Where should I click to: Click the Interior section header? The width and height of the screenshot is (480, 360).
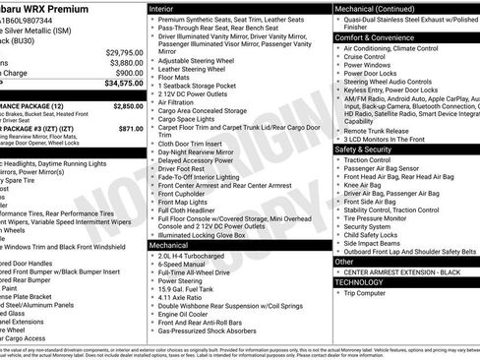pyautogui.click(x=166, y=8)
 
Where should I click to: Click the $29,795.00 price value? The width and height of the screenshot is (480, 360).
pyautogui.click(x=124, y=52)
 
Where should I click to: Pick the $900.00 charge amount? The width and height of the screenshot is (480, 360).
pyautogui.click(x=129, y=73)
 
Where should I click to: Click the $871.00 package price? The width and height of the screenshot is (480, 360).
pyautogui.click(x=131, y=128)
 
